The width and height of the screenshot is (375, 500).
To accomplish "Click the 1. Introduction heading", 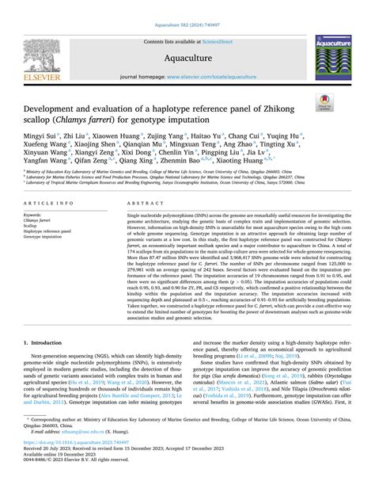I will click(45, 365).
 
